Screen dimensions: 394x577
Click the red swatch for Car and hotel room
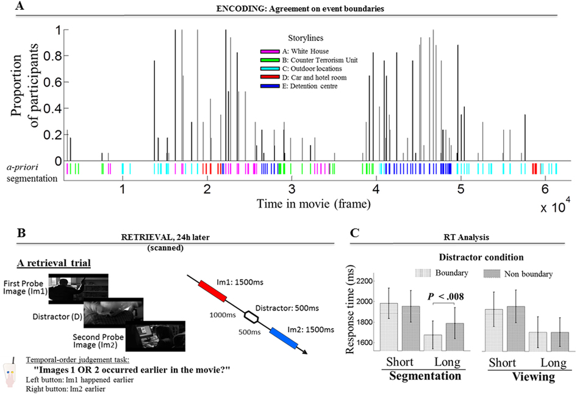[x=270, y=79]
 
